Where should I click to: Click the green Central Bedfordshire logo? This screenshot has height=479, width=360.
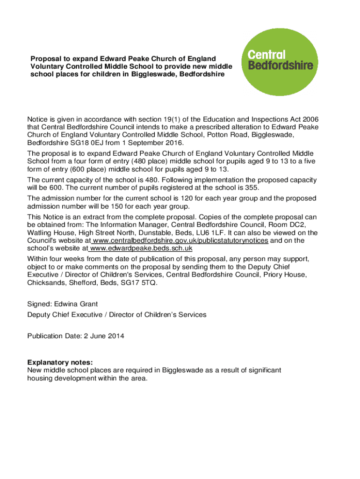[x=279, y=61]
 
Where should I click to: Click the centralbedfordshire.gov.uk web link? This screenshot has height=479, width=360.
[x=180, y=240]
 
